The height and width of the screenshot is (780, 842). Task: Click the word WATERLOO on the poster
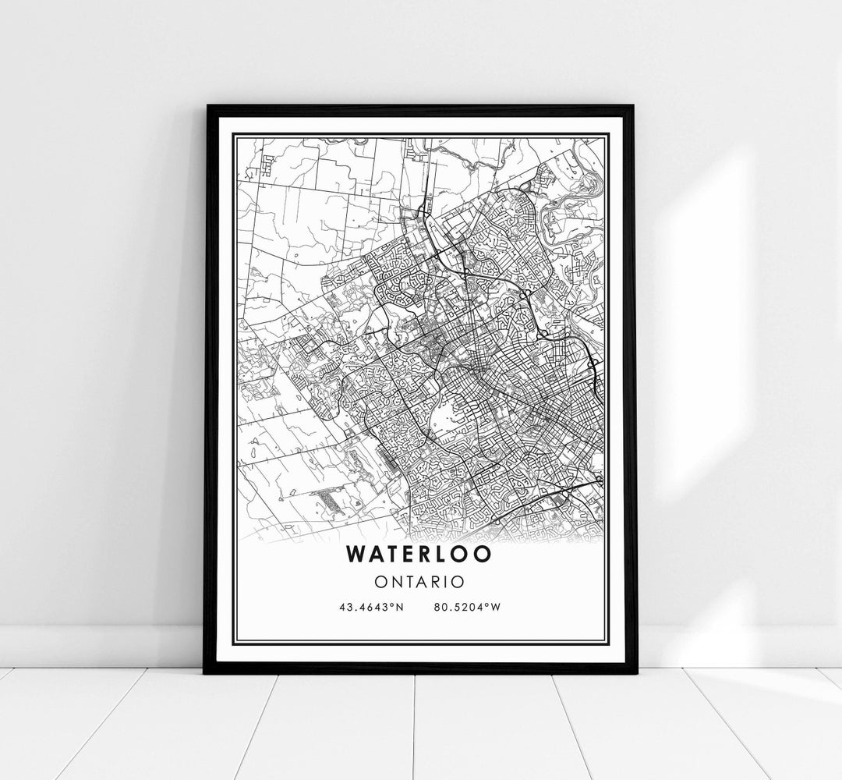click(419, 553)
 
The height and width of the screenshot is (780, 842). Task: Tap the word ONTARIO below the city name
click(419, 581)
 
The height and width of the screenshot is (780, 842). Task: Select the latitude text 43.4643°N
click(370, 607)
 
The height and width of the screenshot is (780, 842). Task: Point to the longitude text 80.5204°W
click(469, 607)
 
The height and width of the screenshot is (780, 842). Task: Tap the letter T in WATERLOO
click(392, 553)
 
